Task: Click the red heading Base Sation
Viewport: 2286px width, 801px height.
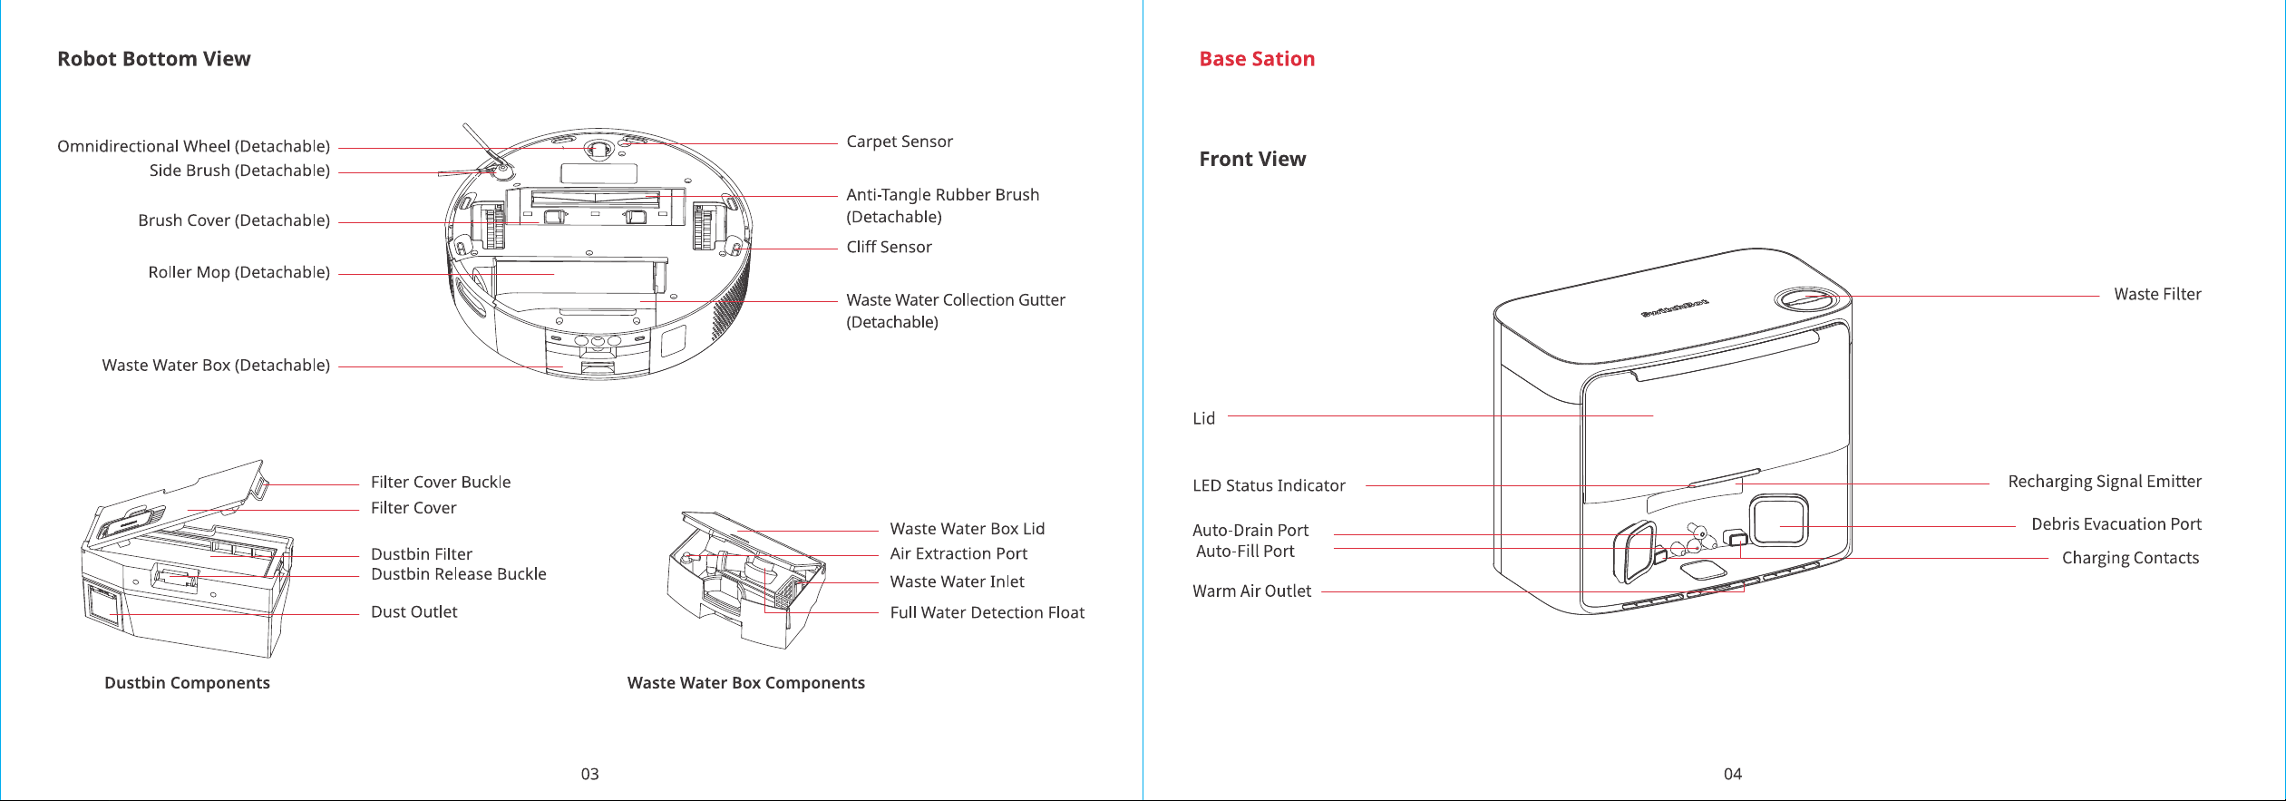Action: [x=1257, y=59]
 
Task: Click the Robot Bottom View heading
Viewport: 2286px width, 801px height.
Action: [x=154, y=59]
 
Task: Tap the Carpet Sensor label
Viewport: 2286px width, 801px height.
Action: [x=900, y=142]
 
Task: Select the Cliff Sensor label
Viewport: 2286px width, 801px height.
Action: [x=889, y=247]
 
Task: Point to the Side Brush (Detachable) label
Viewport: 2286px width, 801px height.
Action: [x=239, y=171]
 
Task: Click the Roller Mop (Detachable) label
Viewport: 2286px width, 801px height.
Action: [x=239, y=272]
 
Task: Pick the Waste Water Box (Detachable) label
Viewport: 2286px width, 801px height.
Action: [x=216, y=365]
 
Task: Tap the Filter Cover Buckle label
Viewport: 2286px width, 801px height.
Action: [x=441, y=482]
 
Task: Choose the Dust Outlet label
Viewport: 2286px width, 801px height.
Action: [x=414, y=611]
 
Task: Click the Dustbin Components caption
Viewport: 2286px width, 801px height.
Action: [x=187, y=683]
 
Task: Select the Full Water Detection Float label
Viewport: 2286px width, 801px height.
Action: [x=987, y=612]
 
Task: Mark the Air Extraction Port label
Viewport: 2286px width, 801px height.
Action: [x=958, y=553]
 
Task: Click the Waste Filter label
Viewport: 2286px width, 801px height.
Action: [x=2157, y=294]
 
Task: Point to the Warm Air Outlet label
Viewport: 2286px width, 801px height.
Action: [x=1251, y=591]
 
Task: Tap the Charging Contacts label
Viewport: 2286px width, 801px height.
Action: [x=2130, y=558]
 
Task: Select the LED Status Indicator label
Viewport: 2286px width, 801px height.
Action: [x=1269, y=485]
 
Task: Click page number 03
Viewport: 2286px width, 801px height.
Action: [x=590, y=774]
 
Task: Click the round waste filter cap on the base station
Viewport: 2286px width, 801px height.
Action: [x=1804, y=299]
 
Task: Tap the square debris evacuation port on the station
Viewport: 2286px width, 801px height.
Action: [x=1779, y=520]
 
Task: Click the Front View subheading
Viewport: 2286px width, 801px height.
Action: [x=1252, y=160]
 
